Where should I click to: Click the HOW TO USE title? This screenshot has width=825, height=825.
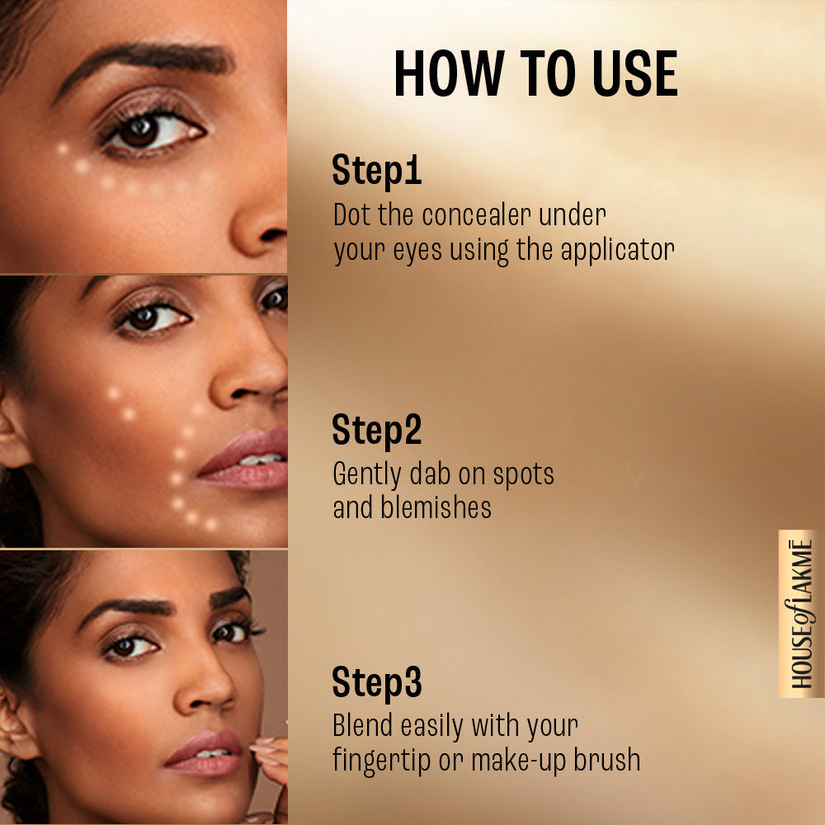(535, 75)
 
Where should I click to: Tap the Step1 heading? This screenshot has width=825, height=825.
(376, 171)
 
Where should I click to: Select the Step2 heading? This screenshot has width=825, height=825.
(376, 430)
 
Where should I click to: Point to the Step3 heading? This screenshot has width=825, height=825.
(376, 682)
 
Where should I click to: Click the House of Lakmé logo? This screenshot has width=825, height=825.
(800, 614)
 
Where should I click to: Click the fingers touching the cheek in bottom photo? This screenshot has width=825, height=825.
(268, 755)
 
